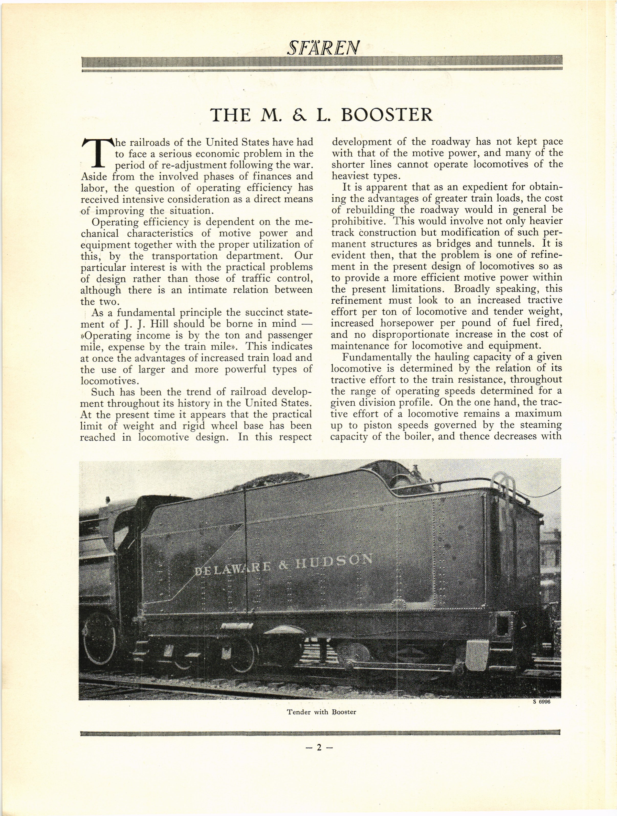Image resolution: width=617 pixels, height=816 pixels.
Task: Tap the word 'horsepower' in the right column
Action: tap(405, 323)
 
